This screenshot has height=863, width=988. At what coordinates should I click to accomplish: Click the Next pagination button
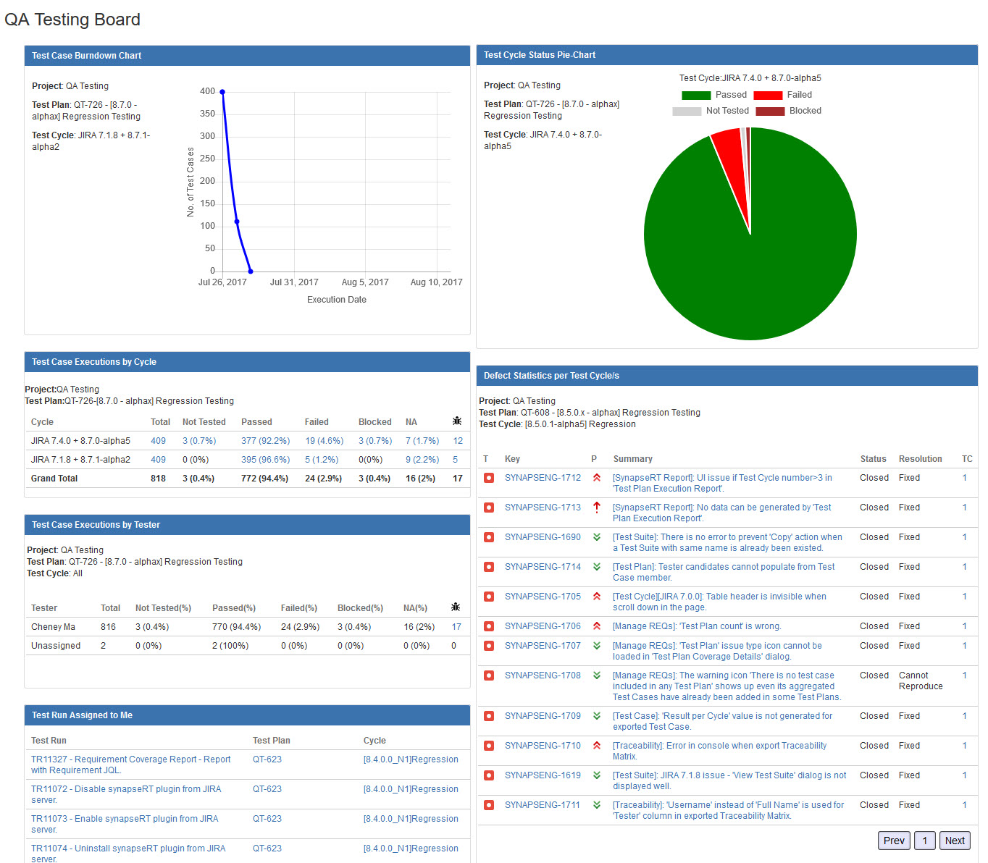click(954, 841)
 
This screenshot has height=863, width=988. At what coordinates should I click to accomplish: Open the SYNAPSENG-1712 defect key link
click(543, 478)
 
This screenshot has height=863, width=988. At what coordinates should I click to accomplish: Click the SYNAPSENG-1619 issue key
click(543, 775)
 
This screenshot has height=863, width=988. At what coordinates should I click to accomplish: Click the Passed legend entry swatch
click(696, 96)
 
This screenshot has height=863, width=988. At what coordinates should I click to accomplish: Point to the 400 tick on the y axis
click(207, 91)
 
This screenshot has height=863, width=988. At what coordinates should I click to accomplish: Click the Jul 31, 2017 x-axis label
click(294, 282)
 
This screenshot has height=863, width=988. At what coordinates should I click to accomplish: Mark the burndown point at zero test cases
click(251, 271)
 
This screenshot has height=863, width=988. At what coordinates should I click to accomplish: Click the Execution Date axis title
click(336, 300)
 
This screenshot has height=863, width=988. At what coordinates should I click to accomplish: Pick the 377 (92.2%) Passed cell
click(265, 441)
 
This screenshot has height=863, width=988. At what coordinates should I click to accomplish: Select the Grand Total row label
click(54, 479)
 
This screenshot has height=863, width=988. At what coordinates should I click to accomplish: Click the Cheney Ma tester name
click(53, 627)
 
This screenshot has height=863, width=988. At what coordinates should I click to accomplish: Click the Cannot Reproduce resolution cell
click(920, 681)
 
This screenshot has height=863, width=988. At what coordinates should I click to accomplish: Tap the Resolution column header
click(920, 459)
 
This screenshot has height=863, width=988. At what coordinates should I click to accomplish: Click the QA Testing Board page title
click(72, 20)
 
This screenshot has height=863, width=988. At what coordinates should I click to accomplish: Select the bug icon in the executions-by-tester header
click(456, 607)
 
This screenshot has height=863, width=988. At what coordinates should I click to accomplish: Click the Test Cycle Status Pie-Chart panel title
click(540, 55)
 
